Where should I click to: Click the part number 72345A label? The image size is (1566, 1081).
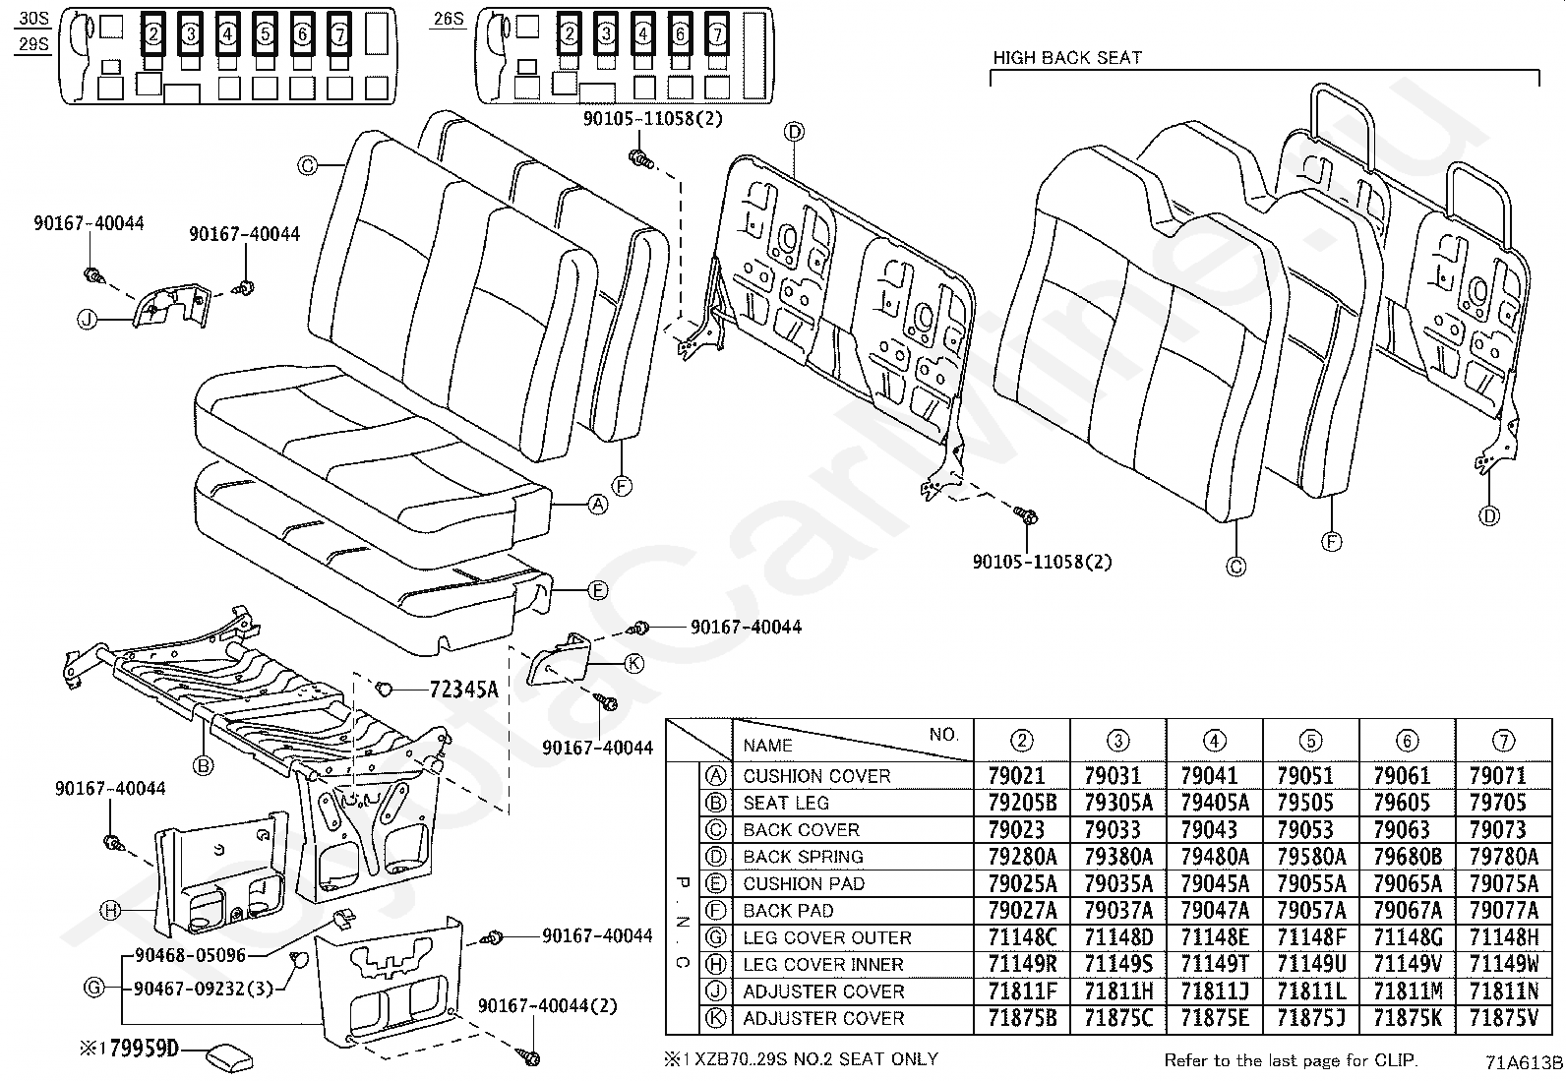point(463,690)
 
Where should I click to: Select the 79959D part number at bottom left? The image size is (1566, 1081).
point(144,1049)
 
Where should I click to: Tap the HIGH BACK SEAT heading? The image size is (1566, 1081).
point(1067,58)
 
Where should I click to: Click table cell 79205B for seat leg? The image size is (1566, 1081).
point(1022,803)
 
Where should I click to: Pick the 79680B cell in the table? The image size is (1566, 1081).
point(1408,857)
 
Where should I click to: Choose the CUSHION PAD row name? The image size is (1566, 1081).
point(804,884)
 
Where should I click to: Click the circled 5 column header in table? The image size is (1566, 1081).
point(1311,741)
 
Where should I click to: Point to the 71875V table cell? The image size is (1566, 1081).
point(1503,1018)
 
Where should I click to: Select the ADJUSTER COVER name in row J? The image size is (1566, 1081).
point(823,991)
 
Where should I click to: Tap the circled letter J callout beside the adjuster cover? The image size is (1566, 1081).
point(87,321)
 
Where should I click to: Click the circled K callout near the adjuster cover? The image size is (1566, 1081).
point(633,664)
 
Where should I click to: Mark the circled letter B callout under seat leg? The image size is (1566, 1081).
point(203,766)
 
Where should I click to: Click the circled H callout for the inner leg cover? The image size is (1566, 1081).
point(110,911)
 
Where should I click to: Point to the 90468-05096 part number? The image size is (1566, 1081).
point(190,955)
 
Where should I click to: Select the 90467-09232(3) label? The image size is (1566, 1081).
point(204,989)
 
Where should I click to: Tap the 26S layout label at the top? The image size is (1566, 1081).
point(449,19)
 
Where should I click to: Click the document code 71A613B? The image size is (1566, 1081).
point(1524,1063)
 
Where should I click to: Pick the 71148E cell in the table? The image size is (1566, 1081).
point(1215,937)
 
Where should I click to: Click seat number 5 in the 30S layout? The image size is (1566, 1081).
point(265,33)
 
